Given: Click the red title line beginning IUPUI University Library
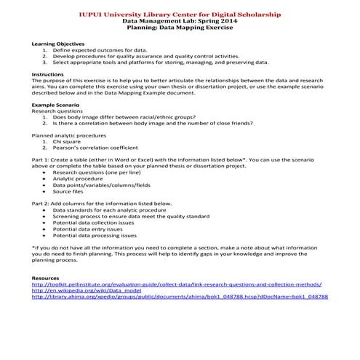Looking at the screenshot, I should coord(180,15).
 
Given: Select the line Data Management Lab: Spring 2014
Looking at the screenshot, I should coord(180,22).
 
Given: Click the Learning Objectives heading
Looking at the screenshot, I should coord(58,44).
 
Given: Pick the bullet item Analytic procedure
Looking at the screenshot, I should coord(79,178).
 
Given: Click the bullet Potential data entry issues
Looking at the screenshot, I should coord(95,229).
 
